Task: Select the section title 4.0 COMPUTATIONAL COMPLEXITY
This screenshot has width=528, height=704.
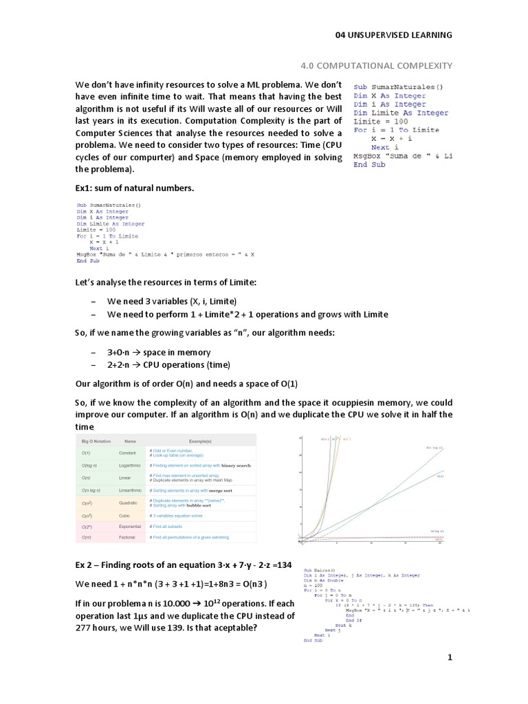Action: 377,65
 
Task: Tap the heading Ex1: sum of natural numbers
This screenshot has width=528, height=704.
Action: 135,188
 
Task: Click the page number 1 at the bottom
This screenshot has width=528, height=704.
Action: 450,658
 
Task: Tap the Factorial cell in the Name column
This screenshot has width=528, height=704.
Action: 127,537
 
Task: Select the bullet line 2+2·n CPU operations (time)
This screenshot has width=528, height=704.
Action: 168,364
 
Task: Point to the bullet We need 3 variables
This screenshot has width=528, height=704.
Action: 171,301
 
